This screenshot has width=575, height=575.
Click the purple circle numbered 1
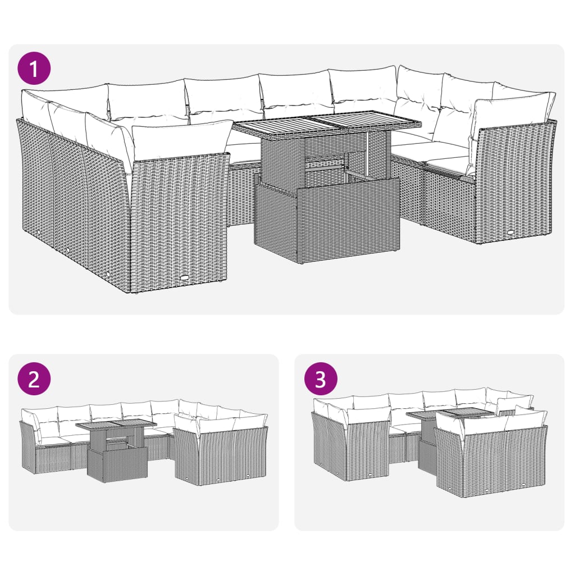(34, 69)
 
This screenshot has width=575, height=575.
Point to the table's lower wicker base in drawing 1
(327, 222)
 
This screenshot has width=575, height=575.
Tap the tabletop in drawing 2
(116, 425)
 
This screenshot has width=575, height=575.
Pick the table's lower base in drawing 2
(117, 464)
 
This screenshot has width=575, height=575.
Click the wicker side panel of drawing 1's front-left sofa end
(180, 219)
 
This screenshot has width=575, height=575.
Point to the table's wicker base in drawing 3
(427, 455)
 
